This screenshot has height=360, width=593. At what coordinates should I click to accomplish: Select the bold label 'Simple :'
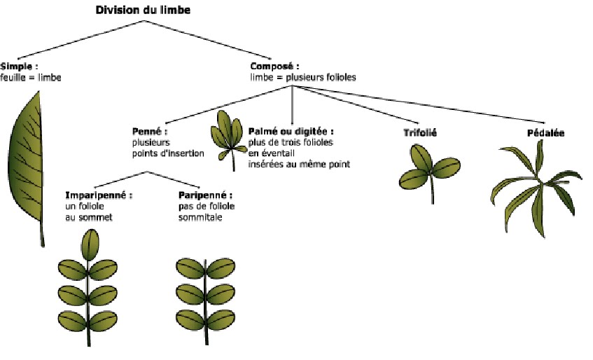(x=19, y=67)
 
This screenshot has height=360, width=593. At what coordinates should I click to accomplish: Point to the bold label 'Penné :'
(x=150, y=131)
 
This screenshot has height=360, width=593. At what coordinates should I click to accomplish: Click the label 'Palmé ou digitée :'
(x=291, y=131)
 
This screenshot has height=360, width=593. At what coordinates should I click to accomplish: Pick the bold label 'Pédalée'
(x=545, y=132)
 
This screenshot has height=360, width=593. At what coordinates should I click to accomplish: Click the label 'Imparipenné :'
(x=99, y=195)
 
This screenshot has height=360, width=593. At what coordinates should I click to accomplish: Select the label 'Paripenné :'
(x=205, y=195)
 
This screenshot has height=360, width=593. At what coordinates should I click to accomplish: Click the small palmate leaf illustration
(x=228, y=133)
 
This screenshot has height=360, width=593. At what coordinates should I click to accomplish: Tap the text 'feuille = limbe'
(x=31, y=77)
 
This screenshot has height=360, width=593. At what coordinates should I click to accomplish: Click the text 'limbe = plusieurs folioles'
(x=303, y=77)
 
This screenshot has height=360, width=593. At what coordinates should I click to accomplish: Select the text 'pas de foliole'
(x=207, y=207)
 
